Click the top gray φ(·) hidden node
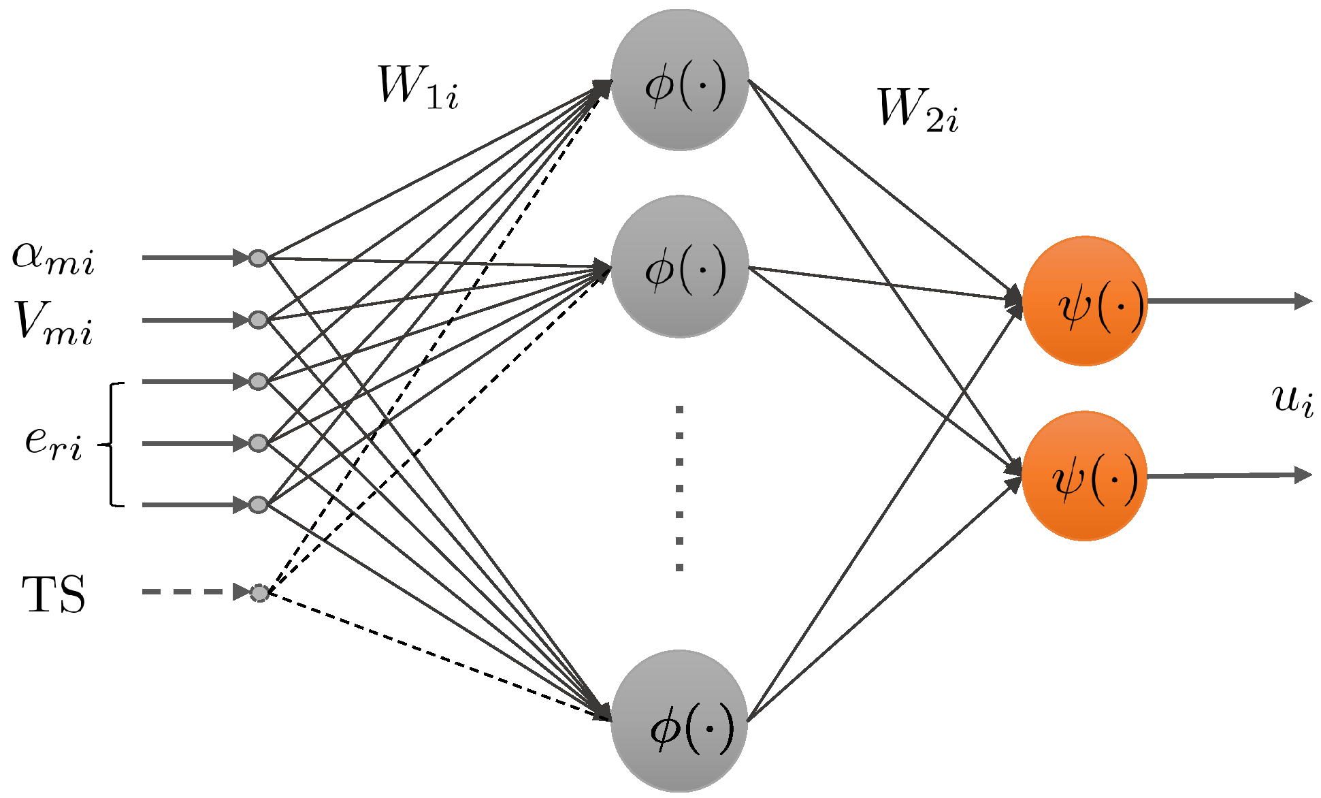pos(680,80)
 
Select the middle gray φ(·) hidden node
pos(680,266)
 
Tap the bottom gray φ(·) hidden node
pos(680,722)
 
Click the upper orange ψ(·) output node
pos(1085,301)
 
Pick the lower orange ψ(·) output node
pos(1085,476)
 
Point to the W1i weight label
pos(418,88)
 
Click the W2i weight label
pos(917,110)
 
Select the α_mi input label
pos(53,259)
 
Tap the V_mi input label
pos(53,321)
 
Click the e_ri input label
pos(53,443)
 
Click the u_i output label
pos(1291,400)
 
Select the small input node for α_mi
pos(258,258)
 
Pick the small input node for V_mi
pos(258,319)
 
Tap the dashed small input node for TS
pos(259,593)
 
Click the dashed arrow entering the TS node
pos(191,592)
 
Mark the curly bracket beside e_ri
pos(113,445)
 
